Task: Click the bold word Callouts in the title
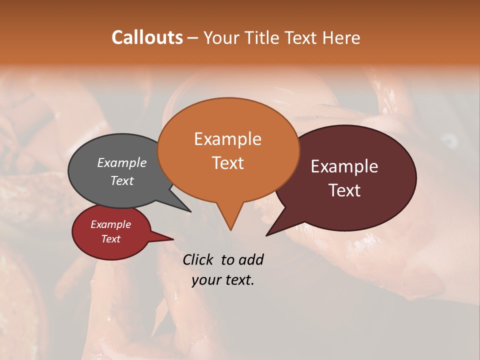(147, 37)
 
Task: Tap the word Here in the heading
(341, 37)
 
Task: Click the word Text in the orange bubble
(227, 162)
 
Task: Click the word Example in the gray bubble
(121, 162)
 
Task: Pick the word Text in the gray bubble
(121, 180)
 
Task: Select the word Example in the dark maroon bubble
(344, 166)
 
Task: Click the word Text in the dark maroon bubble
(345, 190)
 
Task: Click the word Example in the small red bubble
(110, 224)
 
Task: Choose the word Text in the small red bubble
(110, 239)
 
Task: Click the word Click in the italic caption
(198, 259)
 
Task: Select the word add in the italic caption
(251, 259)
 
